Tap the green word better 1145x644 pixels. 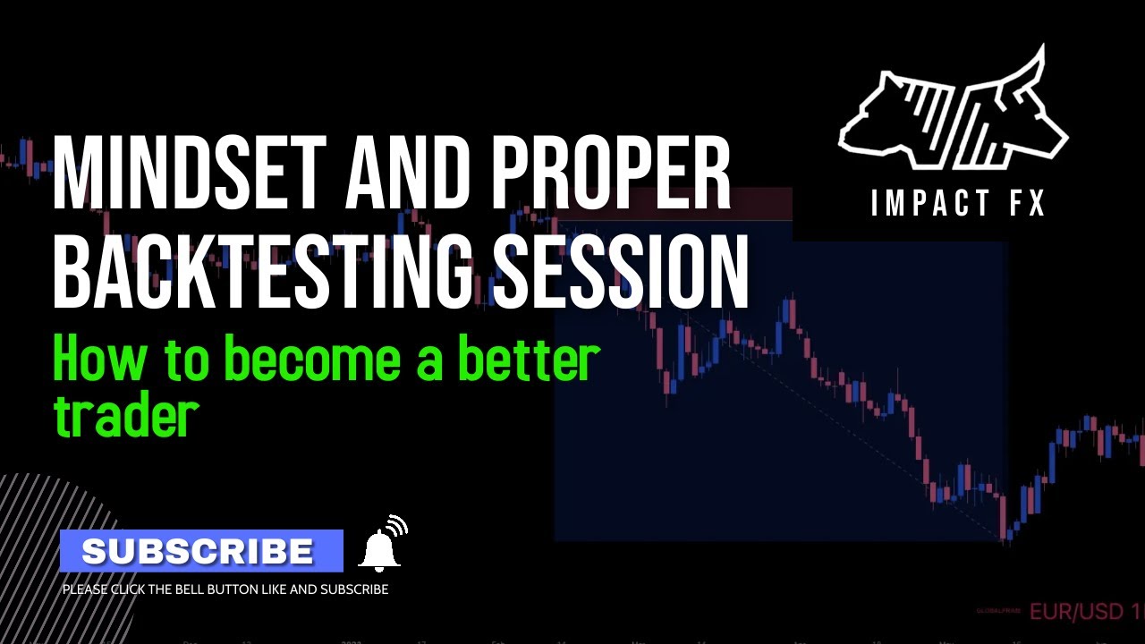pyautogui.click(x=528, y=360)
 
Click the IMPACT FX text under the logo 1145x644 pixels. pyautogui.click(x=958, y=204)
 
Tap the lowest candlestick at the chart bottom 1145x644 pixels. pyautogui.click(x=1009, y=533)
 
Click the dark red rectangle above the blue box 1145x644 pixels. pyautogui.click(x=760, y=204)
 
